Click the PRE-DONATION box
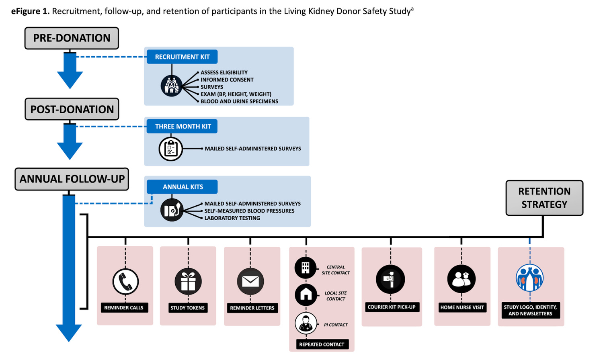[x=72, y=38]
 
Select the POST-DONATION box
[x=72, y=109]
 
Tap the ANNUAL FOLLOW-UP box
[x=72, y=179]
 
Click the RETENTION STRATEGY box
[x=544, y=198]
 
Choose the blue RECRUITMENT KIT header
[x=182, y=57]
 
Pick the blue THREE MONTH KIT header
[x=183, y=127]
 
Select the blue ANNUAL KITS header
[x=183, y=187]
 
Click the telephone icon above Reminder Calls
[x=125, y=282]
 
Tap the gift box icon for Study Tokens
[x=188, y=281]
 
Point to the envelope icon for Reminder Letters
[x=250, y=281]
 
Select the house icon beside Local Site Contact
[x=306, y=295]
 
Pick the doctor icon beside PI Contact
[x=306, y=323]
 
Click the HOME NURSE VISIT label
[x=462, y=307]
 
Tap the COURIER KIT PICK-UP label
[x=391, y=307]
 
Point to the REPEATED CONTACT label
[x=322, y=344]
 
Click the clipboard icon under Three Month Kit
[x=171, y=149]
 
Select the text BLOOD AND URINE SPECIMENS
[x=239, y=101]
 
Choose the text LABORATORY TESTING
[x=232, y=218]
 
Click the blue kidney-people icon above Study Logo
[x=529, y=278]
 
